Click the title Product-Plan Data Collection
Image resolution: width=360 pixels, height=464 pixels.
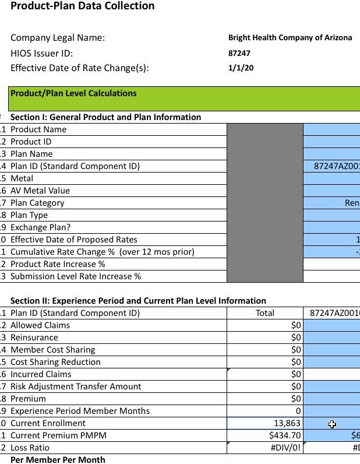tap(83, 6)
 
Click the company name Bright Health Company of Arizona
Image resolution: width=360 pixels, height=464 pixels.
tap(290, 38)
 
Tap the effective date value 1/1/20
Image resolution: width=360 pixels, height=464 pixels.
tap(241, 68)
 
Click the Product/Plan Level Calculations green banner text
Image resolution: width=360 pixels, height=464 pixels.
tap(73, 93)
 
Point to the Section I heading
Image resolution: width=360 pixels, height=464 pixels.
tap(105, 117)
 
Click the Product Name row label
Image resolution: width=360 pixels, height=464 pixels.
tap(38, 129)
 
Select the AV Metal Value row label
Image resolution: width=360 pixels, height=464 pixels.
tap(40, 191)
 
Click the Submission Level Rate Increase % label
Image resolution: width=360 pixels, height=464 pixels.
tap(76, 276)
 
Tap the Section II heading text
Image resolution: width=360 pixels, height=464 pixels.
tap(138, 301)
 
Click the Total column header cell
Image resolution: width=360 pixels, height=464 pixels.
tap(265, 313)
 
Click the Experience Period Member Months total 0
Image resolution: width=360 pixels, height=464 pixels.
tap(298, 411)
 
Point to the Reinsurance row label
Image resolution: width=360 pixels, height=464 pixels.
tap(34, 338)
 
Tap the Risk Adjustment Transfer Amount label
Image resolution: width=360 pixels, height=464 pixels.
tap(76, 386)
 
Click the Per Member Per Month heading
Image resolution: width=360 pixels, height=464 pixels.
tap(58, 460)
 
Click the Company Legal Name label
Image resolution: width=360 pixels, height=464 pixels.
tap(58, 38)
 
